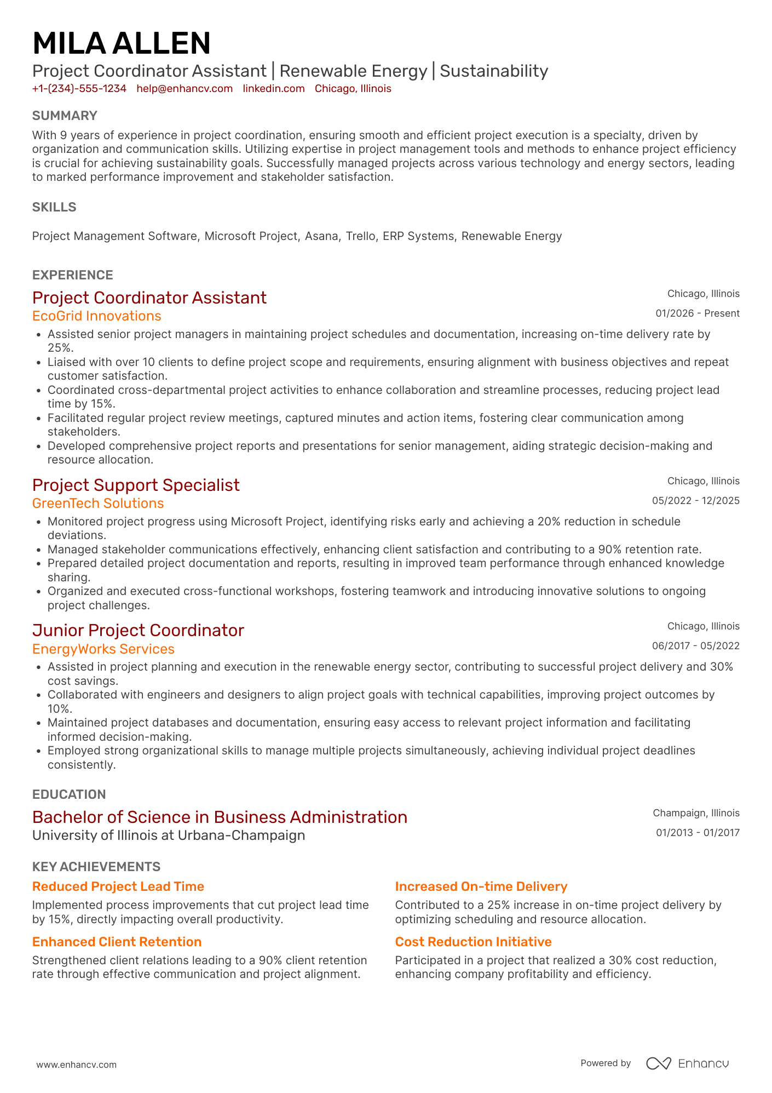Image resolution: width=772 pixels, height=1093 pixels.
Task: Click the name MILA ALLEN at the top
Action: [x=121, y=43]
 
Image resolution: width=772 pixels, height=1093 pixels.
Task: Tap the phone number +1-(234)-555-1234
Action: [x=79, y=89]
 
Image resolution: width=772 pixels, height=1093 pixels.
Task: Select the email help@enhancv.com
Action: [x=185, y=89]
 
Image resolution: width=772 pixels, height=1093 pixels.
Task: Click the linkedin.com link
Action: [x=273, y=89]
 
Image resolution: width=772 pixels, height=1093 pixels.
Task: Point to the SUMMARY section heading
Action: [x=65, y=116]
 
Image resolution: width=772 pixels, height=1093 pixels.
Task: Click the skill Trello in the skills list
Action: [x=360, y=236]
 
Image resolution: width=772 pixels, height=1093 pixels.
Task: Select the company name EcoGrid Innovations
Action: [x=96, y=316]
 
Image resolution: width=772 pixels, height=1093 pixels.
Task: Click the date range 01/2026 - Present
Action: [x=697, y=313]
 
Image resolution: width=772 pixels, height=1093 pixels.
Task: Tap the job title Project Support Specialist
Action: [x=136, y=485]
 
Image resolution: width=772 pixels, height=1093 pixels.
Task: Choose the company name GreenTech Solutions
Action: [x=98, y=503]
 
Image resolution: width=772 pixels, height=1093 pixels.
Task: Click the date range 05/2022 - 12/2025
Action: [x=695, y=501]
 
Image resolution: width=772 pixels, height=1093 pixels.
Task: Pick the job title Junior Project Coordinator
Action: [x=138, y=630]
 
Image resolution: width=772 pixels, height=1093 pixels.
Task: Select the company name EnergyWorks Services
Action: [x=103, y=649]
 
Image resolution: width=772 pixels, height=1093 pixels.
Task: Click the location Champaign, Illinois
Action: [x=696, y=813]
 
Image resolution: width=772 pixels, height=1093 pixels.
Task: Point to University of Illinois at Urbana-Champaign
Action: [x=169, y=836]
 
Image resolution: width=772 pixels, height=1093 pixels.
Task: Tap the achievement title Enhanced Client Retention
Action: [x=117, y=942]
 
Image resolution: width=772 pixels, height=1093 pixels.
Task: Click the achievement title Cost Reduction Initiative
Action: [x=473, y=942]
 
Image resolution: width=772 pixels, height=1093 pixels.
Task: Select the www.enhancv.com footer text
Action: [x=76, y=1065]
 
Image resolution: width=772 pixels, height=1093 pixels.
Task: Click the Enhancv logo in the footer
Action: [x=687, y=1063]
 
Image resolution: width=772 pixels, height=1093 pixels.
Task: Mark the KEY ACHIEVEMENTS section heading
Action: [x=96, y=867]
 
